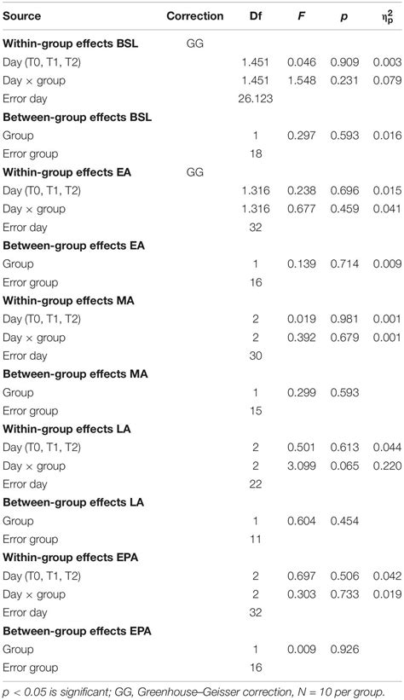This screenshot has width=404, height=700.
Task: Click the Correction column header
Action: point(195,15)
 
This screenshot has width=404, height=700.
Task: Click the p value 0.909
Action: point(343,61)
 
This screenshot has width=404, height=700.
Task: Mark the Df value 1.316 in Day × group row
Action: point(256,209)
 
